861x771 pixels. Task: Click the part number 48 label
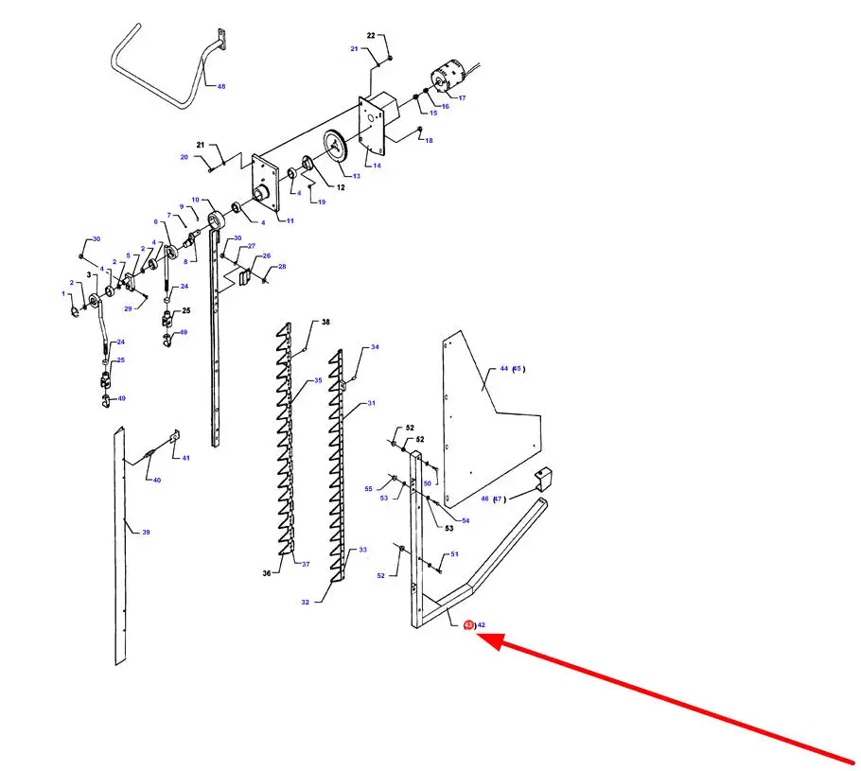[221, 86]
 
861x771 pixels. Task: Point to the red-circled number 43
[468, 625]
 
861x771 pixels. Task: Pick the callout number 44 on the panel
[504, 369]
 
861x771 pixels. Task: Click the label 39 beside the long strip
[146, 532]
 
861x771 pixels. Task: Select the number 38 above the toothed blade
[325, 323]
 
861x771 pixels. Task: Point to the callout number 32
[306, 602]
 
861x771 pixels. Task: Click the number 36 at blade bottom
[267, 573]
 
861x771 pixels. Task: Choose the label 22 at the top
[371, 35]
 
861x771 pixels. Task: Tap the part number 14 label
[377, 166]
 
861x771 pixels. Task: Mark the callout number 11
[290, 220]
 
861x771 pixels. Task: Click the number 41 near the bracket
[186, 458]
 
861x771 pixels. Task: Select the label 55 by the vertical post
[368, 488]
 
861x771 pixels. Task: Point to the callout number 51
[455, 554]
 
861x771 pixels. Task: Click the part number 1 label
[64, 294]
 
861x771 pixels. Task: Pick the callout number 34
[375, 347]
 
